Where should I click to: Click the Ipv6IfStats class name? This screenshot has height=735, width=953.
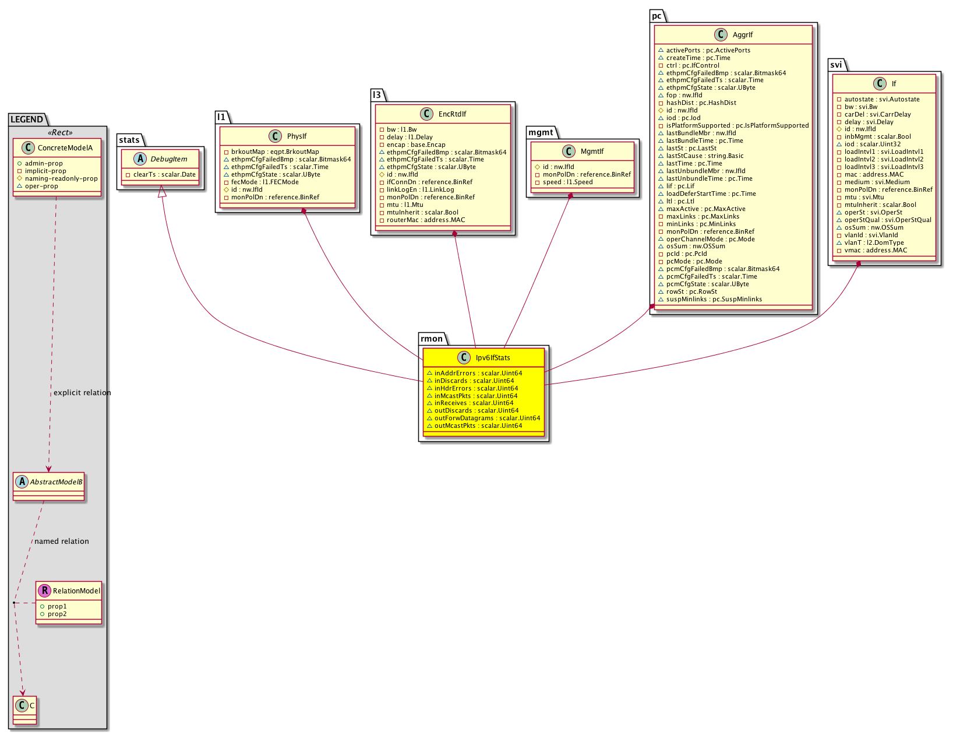492,358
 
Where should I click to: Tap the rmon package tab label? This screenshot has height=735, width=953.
432,339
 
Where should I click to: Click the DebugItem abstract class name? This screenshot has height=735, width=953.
169,159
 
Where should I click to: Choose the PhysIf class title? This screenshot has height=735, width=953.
297,136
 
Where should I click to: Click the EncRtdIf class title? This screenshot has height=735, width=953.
452,114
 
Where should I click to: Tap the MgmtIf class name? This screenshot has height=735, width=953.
592,152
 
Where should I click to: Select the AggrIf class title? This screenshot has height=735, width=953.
743,34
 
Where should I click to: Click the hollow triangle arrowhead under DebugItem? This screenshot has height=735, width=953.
162,191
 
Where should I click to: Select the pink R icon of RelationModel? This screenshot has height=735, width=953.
44,590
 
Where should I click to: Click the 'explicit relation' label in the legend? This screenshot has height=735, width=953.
82,393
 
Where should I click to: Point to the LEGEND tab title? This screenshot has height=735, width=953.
27,119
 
